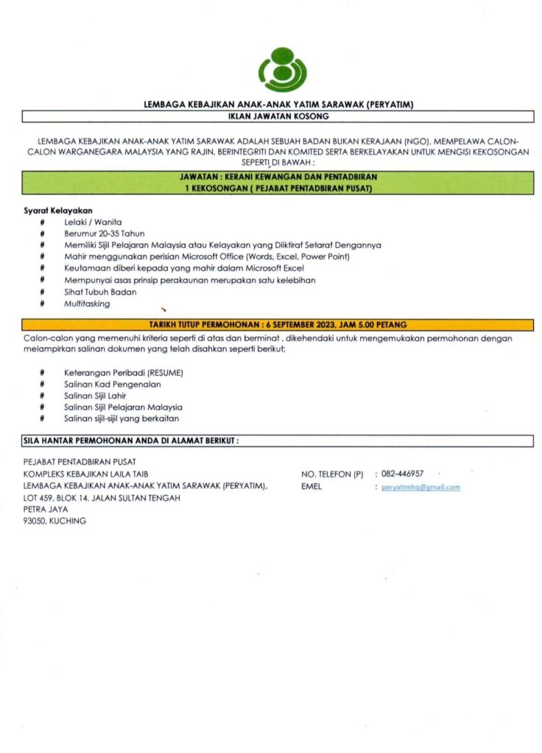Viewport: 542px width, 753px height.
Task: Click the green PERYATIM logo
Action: point(281,70)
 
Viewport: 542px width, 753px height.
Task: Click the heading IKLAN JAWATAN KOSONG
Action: point(278,116)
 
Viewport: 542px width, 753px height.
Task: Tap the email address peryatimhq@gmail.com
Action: point(420,488)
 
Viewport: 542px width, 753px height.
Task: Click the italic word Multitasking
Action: point(87,304)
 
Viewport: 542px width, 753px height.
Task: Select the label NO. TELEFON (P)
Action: point(333,474)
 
